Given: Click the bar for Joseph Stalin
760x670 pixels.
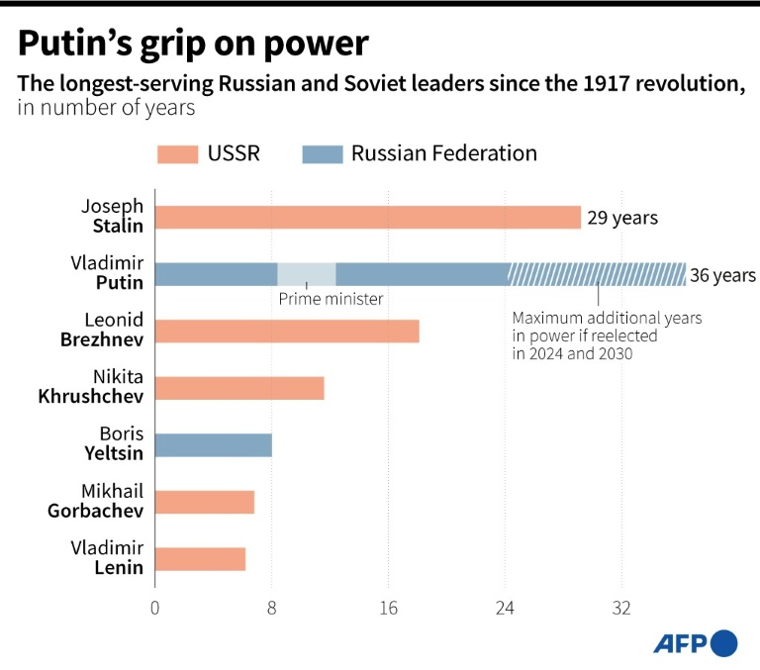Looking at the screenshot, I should (367, 218).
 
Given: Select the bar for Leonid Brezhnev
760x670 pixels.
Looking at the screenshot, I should (287, 332).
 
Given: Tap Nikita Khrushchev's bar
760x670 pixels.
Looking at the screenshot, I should (239, 388).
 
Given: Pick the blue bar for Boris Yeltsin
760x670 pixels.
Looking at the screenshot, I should (213, 445).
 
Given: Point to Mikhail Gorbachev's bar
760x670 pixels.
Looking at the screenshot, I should (204, 502).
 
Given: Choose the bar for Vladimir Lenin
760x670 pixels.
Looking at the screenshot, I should (200, 559).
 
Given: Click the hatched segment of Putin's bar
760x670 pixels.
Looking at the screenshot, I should (598, 274).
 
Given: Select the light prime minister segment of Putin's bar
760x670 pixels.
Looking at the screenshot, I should (307, 274).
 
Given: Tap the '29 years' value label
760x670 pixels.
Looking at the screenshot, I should (622, 218).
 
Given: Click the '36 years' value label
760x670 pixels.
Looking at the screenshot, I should (722, 275).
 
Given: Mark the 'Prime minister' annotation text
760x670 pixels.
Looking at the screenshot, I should (331, 299).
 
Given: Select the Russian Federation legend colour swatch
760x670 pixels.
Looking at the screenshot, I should (320, 153).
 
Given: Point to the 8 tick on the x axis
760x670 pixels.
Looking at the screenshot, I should (271, 609).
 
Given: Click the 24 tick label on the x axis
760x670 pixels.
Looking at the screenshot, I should (505, 609).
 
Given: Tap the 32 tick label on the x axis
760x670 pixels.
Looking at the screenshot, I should (621, 609).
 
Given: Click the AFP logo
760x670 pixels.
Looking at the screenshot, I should (695, 643).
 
